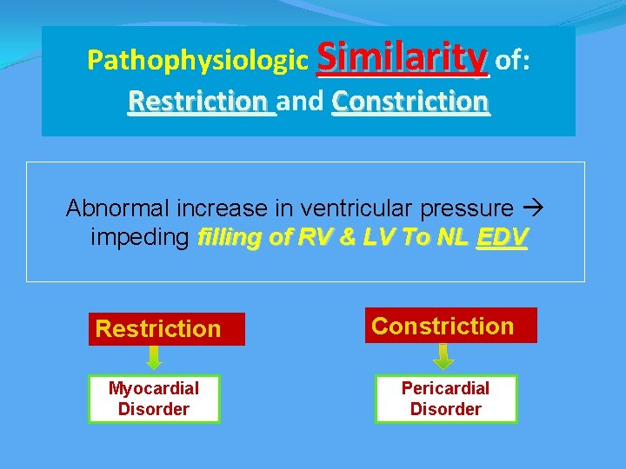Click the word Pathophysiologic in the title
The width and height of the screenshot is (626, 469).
pyautogui.click(x=199, y=61)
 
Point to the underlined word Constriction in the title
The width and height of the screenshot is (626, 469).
pyautogui.click(x=410, y=102)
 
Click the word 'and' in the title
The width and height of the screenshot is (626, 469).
pyautogui.click(x=303, y=102)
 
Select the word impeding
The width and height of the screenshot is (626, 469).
pyautogui.click(x=139, y=238)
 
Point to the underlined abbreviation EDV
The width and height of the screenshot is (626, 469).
pyautogui.click(x=502, y=238)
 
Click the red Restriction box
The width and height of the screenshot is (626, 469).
pyautogui.click(x=166, y=328)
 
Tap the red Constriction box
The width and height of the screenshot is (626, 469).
pyautogui.click(x=450, y=326)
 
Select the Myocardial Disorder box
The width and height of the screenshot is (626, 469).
pyautogui.click(x=154, y=399)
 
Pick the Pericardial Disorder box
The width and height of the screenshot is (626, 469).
pyautogui.click(x=446, y=399)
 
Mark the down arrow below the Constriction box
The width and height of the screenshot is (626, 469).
pyautogui.click(x=444, y=356)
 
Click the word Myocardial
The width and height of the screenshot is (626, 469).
pyautogui.click(x=154, y=388)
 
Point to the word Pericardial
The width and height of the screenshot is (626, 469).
pyautogui.click(x=445, y=388)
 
